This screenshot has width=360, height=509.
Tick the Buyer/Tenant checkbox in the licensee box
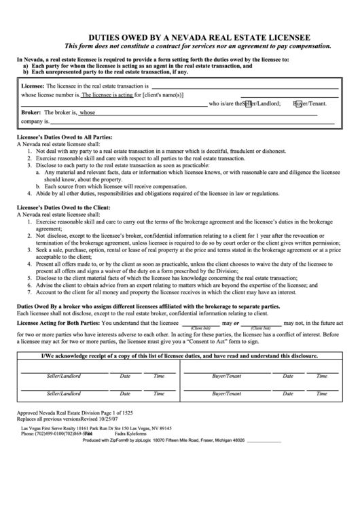298,104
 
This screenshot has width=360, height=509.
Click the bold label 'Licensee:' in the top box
33,87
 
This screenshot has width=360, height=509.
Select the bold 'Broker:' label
32,112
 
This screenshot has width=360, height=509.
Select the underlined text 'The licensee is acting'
107,95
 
